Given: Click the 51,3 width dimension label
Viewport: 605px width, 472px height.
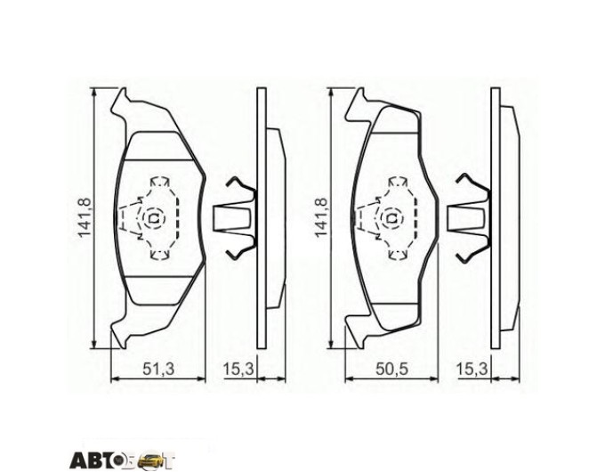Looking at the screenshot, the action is click(x=158, y=369).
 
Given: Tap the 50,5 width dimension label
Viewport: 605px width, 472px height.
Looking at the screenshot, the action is click(x=391, y=369).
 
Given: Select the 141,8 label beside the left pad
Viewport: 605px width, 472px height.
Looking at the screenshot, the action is click(x=84, y=217).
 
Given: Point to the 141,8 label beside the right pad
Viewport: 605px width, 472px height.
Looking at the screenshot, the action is click(x=321, y=217).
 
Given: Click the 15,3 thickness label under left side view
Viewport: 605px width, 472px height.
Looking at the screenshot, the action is click(x=238, y=369).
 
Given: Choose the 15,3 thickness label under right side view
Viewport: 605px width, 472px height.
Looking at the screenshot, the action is click(x=472, y=369).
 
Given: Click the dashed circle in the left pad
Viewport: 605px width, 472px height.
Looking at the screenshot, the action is click(x=154, y=218).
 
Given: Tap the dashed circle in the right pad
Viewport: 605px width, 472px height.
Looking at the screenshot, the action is click(x=392, y=218).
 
